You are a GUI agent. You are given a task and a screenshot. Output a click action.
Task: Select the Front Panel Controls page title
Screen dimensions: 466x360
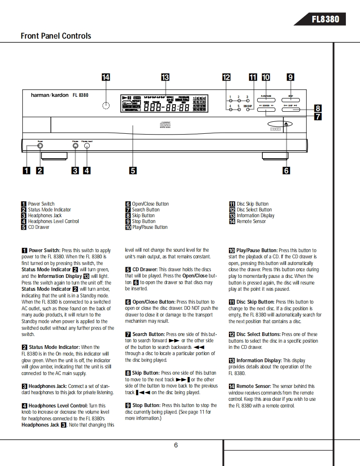coord(56,36)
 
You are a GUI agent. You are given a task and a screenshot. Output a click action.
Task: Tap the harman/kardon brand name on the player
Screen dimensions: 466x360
coord(50,95)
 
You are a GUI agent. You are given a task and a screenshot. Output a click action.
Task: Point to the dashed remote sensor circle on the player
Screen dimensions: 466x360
coord(106,106)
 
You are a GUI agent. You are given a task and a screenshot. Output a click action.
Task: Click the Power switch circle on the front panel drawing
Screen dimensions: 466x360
coord(40,146)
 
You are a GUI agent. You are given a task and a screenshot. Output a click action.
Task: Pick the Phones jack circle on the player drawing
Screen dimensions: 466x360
coord(75,146)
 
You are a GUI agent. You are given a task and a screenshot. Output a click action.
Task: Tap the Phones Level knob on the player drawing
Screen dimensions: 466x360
coord(87,146)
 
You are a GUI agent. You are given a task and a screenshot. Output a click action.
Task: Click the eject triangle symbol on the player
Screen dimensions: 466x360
coord(286,123)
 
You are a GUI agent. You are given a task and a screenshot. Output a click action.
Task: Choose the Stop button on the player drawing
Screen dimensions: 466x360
coord(291,100)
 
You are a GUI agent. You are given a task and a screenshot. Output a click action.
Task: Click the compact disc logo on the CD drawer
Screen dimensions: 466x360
coord(165,124)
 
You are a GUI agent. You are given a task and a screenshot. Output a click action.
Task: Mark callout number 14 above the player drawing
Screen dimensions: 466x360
coord(106,77)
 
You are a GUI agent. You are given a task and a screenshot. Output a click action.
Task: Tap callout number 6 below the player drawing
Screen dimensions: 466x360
coord(286,170)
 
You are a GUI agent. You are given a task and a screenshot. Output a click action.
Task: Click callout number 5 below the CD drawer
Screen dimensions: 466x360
coord(133,170)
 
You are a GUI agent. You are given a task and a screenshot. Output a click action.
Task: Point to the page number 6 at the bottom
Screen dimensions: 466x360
coord(176,445)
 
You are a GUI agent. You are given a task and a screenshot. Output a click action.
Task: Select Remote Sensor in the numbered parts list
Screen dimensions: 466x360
coord(251,221)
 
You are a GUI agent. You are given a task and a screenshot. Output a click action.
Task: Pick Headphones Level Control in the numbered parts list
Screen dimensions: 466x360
coord(53,221)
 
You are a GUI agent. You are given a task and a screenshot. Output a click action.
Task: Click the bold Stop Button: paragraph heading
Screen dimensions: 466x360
coord(146,405)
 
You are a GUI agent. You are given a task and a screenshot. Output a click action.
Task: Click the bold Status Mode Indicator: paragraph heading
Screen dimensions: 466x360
coord(54,347)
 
